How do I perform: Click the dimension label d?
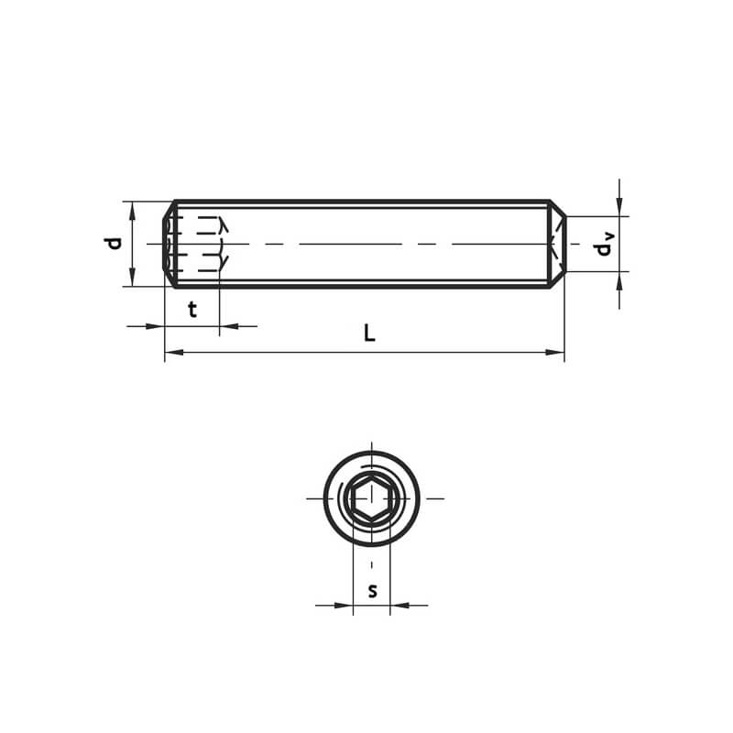[x=113, y=244]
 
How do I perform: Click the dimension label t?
[x=192, y=310]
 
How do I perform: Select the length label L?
[x=369, y=334]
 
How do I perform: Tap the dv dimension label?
[x=604, y=244]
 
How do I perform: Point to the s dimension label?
[x=372, y=591]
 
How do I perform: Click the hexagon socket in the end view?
[x=372, y=498]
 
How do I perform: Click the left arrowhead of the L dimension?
[x=174, y=352]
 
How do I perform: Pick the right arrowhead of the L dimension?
[x=555, y=352]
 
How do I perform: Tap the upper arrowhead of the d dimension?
[x=132, y=211]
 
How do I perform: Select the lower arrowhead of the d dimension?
[x=132, y=278]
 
